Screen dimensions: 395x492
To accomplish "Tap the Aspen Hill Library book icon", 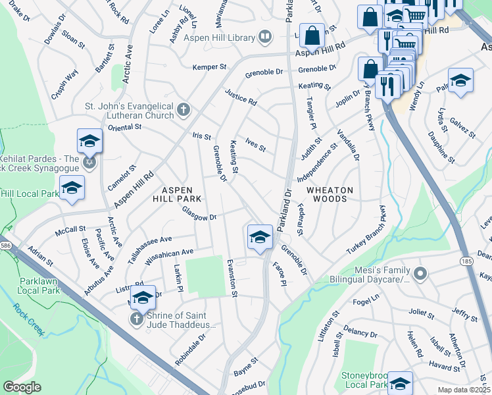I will coord(265,36).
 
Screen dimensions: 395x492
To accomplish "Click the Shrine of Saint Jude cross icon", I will coord(136,319).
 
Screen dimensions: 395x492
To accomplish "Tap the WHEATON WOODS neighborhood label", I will coord(330,194).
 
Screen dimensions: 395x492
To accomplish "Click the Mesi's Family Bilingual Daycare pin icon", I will coord(422,273).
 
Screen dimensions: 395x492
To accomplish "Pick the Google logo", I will coord(22,387).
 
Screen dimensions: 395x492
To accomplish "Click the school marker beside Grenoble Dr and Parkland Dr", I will coord(260,237).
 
